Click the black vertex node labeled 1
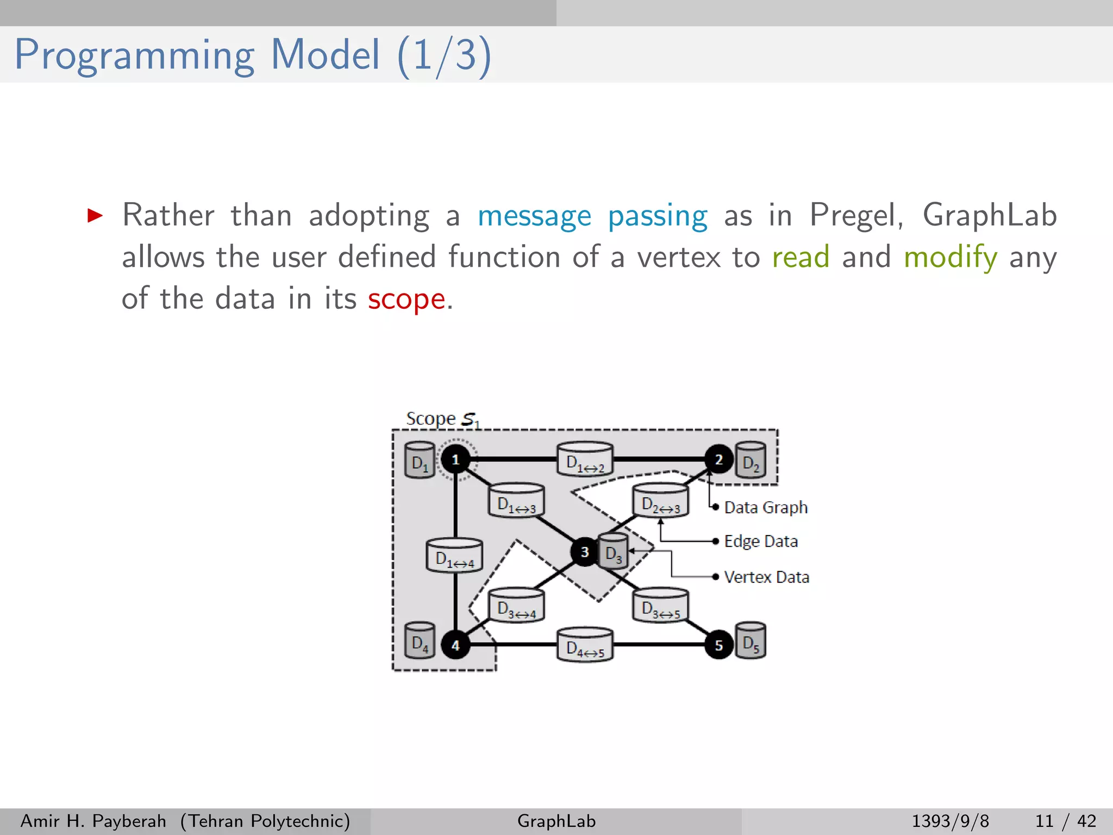click(455, 460)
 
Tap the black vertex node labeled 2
click(718, 459)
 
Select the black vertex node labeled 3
click(584, 552)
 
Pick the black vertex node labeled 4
click(455, 645)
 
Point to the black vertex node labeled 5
click(718, 645)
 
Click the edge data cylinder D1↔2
click(585, 460)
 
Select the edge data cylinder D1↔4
click(454, 556)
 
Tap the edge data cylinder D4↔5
click(585, 645)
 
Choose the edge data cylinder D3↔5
click(660, 606)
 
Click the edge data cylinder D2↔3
click(660, 501)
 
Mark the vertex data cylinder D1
click(420, 460)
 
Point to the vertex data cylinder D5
click(751, 641)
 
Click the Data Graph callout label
click(765, 507)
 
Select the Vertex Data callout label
click(766, 577)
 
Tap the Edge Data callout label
click(760, 541)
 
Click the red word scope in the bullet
click(407, 299)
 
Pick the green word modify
click(950, 257)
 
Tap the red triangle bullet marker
click(95, 216)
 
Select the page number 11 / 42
click(1065, 821)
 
